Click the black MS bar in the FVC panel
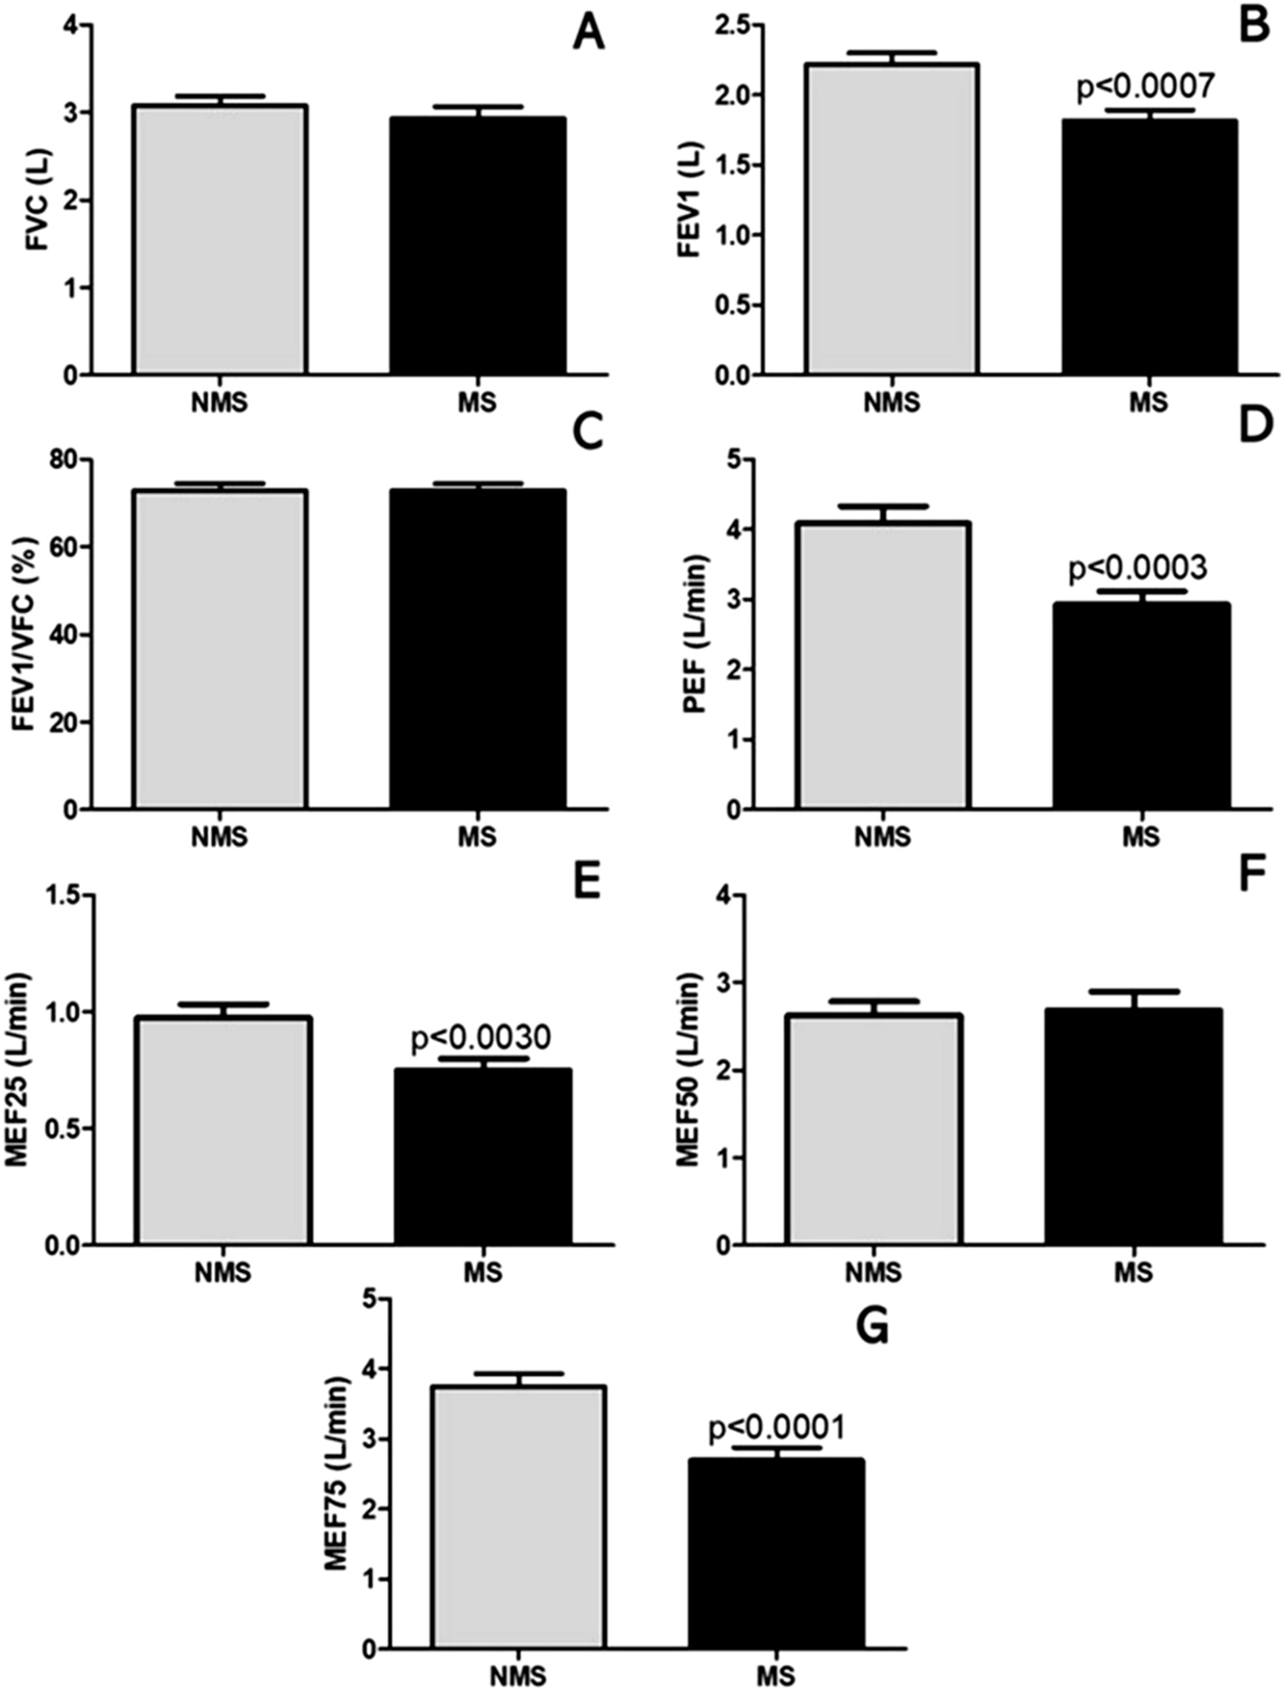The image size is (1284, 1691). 477,246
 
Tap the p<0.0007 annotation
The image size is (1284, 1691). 1144,87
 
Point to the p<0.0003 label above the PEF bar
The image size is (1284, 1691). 1138,567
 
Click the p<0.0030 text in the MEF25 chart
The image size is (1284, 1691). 481,1037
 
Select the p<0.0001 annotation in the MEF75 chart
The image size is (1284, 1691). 777,1428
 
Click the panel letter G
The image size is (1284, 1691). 872,1326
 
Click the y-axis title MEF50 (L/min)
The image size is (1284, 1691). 688,1069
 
